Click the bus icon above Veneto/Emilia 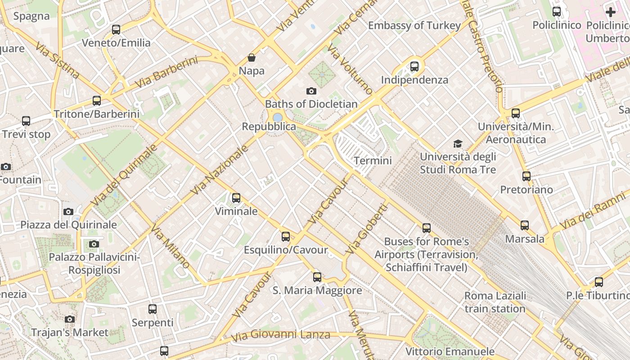click(x=116, y=30)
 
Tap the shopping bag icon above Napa click(x=252, y=58)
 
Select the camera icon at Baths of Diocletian click(x=311, y=91)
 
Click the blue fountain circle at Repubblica click(x=278, y=117)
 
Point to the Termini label click(x=373, y=161)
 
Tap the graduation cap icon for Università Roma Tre click(x=458, y=144)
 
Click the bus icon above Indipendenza click(x=414, y=67)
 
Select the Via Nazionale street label click(x=220, y=170)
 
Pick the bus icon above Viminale click(x=236, y=198)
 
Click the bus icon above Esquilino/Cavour click(x=286, y=236)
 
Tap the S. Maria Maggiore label click(x=317, y=290)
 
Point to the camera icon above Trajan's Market click(x=70, y=319)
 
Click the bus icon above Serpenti click(x=153, y=309)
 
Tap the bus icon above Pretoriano click(x=526, y=176)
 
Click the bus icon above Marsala click(x=525, y=225)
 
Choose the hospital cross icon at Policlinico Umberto click(x=611, y=12)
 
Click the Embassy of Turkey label click(x=414, y=26)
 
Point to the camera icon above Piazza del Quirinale click(x=68, y=211)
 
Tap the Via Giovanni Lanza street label click(x=280, y=335)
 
